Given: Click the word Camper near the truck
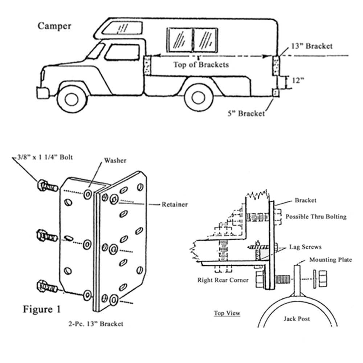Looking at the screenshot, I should tap(54, 26).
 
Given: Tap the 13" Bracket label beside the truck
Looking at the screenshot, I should tap(311, 46).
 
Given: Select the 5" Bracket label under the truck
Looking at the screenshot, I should tap(246, 114).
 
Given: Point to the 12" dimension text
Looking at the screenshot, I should tap(297, 81).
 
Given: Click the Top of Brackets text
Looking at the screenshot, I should tap(201, 65).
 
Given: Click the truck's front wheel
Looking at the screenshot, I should tap(72, 98).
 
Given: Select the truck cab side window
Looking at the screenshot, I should tap(122, 52).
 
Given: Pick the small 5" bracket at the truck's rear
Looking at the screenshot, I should tap(276, 93).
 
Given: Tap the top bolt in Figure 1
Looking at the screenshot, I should tap(46, 186).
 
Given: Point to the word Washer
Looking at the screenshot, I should tap(115, 160).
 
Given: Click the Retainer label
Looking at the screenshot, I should tap(175, 205).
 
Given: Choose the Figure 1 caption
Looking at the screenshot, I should tap(42, 309).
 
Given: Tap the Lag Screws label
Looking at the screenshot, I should tap(305, 247).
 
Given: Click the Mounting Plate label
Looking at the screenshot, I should tap(330, 260).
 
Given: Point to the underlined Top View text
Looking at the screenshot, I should tap(227, 313).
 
